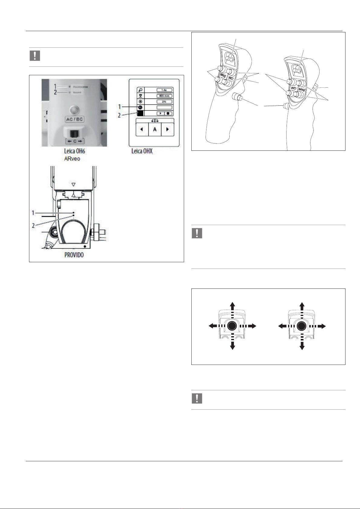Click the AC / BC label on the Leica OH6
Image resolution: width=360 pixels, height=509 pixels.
pos(74,119)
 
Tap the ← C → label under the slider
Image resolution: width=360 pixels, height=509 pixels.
pos(75,141)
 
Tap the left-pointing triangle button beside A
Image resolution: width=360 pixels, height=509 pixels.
pos(142,130)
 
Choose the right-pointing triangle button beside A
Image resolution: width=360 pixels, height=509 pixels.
pos(167,130)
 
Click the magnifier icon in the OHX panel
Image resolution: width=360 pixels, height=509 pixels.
pos(141,90)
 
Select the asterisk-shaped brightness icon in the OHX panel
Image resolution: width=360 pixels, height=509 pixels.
pos(141,101)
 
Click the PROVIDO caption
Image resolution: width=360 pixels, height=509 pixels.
pos(74,255)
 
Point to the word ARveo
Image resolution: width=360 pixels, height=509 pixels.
pos(72,159)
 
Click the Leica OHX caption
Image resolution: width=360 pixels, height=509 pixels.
pos(142,151)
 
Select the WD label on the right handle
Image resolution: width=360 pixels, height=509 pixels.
pos(294,89)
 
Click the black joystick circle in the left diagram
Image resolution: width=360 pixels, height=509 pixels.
pos(232,326)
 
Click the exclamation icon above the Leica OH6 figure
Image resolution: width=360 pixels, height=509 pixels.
pos(35,56)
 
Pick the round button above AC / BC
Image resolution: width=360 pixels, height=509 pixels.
pos(74,110)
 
